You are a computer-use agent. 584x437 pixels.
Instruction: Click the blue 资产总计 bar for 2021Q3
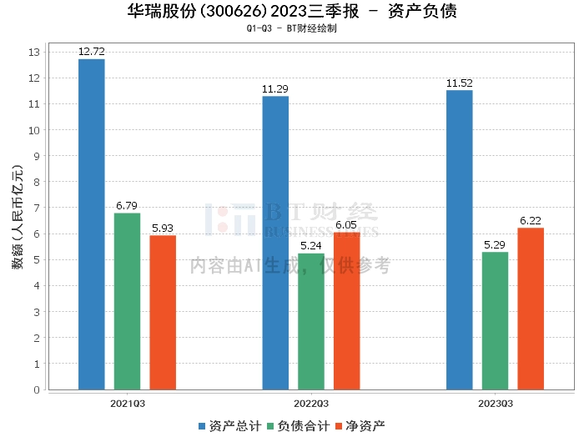click(91, 224)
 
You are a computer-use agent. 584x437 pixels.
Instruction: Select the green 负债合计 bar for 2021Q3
click(127, 301)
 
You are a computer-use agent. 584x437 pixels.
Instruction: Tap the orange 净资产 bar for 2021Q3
click(163, 313)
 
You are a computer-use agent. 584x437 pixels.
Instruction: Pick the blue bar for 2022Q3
click(275, 243)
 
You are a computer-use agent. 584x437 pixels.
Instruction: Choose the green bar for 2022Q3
click(311, 321)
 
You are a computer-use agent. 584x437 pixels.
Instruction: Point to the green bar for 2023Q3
click(495, 320)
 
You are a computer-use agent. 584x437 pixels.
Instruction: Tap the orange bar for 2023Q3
click(531, 309)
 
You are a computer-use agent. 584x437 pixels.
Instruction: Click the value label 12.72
click(91, 52)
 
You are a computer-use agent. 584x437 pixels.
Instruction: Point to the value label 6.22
click(531, 220)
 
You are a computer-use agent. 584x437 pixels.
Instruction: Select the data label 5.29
click(495, 244)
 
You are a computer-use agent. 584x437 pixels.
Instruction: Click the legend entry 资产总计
click(228, 425)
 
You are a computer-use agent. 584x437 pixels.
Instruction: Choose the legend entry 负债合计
click(298, 425)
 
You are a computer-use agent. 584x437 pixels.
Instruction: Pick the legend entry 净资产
click(361, 425)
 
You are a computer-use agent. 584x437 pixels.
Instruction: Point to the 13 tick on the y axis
click(34, 53)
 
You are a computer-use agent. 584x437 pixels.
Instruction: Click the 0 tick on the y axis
click(37, 389)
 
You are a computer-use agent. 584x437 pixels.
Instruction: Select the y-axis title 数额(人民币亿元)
click(17, 221)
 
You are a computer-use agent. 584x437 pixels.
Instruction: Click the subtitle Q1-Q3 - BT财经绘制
click(291, 28)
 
